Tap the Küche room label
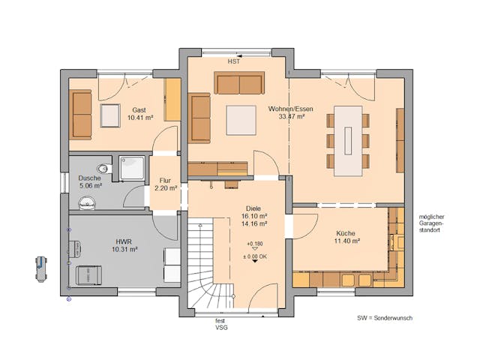(x=346, y=233)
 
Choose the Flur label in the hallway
(x=166, y=181)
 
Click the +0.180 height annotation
(x=255, y=244)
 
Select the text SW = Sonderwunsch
(x=385, y=318)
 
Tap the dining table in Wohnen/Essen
(x=348, y=139)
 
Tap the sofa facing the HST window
(x=239, y=83)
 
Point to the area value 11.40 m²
(x=346, y=241)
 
